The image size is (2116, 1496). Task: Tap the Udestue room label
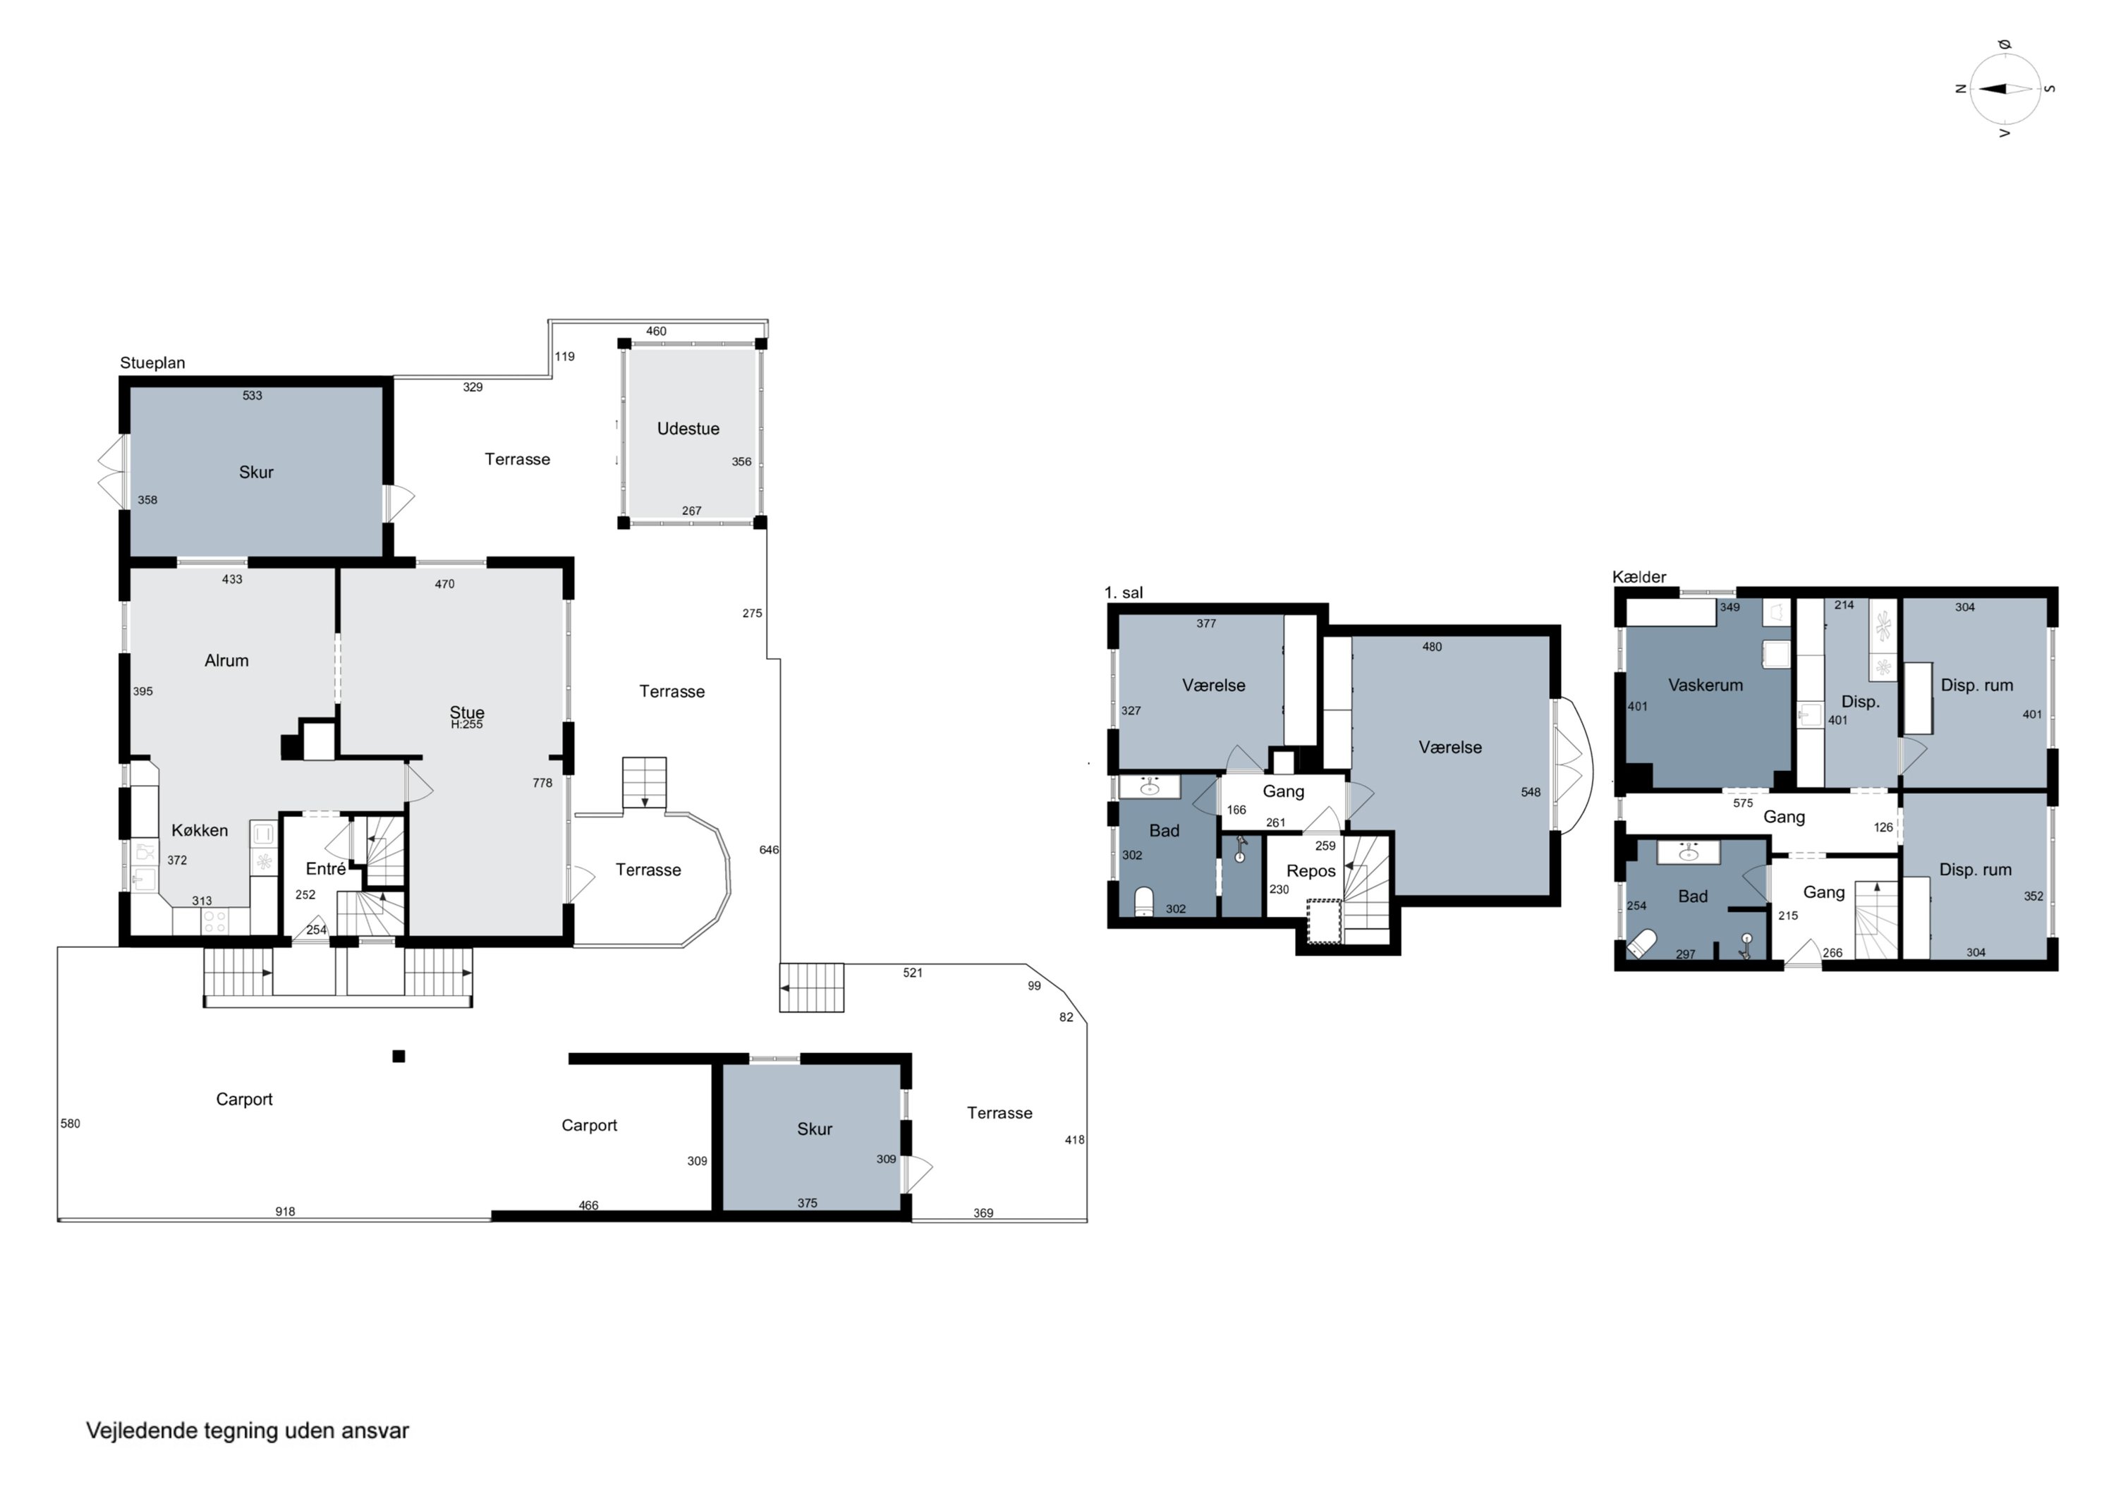(x=688, y=429)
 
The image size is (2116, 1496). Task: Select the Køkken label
(x=199, y=830)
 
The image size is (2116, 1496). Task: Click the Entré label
(x=325, y=868)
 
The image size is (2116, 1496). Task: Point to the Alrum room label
(x=226, y=661)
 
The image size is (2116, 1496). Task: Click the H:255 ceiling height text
(x=467, y=724)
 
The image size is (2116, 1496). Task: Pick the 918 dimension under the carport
(x=285, y=1211)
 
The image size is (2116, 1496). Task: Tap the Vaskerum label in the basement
(x=1705, y=685)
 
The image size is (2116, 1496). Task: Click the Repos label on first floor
(x=1311, y=871)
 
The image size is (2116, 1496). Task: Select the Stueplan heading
(x=152, y=363)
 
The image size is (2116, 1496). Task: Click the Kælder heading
(x=1638, y=577)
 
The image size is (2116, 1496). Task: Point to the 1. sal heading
(x=1124, y=592)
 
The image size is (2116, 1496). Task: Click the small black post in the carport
(x=398, y=1057)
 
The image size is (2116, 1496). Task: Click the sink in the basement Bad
(x=1689, y=853)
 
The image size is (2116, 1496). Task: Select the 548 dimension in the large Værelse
(x=1530, y=792)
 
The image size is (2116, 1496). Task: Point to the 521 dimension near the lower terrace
(x=913, y=973)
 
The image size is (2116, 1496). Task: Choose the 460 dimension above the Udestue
(x=656, y=331)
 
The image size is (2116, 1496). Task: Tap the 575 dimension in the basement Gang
(x=1743, y=803)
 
